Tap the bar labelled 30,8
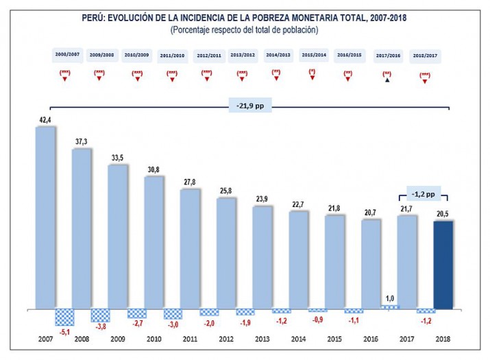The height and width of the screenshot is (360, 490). pyautogui.click(x=154, y=243)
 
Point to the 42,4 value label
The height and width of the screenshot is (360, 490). pyautogui.click(x=45, y=120)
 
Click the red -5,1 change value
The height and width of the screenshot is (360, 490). pyautogui.click(x=64, y=333)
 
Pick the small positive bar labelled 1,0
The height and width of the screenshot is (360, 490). pyautogui.click(x=390, y=307)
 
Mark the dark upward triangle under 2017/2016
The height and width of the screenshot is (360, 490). pyautogui.click(x=387, y=80)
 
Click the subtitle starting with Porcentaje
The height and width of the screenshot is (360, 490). pyautogui.click(x=245, y=30)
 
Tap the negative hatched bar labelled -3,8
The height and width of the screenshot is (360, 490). pyautogui.click(x=100, y=315)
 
